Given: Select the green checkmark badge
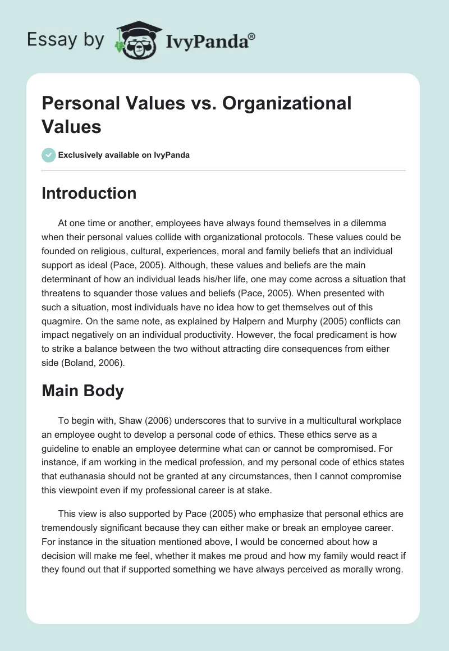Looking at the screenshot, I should click(49, 155).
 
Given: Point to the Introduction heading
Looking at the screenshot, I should click(89, 193).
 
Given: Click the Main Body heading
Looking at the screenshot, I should click(83, 391).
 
